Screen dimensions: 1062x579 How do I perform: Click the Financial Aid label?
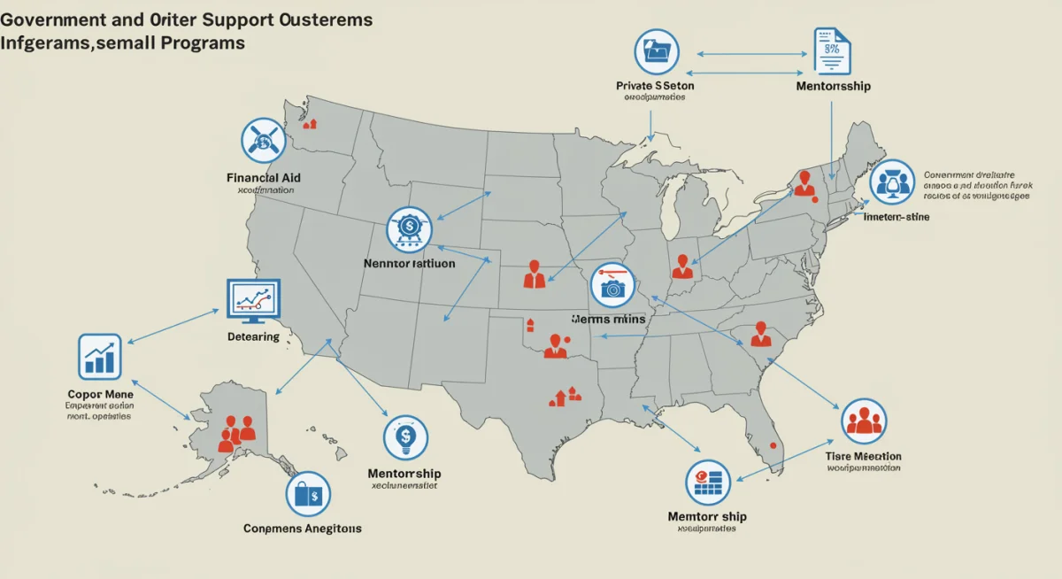coord(265,177)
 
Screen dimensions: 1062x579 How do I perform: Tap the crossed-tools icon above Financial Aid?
coord(264,140)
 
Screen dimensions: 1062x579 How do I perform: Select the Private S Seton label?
coord(655,85)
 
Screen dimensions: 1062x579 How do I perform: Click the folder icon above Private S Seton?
coord(657,50)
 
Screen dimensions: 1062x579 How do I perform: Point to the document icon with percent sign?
coord(832,50)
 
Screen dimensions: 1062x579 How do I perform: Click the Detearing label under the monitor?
coord(253,336)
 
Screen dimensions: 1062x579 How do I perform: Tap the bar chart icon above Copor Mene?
coord(100,357)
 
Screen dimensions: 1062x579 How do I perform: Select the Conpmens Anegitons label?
coord(302,529)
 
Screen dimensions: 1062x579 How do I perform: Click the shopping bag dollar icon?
coord(307,494)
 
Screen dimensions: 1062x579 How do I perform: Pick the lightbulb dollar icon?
coord(405,437)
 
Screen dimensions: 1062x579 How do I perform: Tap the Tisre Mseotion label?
coord(863,457)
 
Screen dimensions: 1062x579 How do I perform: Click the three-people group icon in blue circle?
coord(863,421)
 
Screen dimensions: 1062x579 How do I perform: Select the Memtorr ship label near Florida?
coord(707,516)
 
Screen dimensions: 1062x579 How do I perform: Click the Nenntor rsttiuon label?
coord(410,264)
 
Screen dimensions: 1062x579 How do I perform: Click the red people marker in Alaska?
coord(236,433)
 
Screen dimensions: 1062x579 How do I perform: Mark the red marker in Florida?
coord(773,448)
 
